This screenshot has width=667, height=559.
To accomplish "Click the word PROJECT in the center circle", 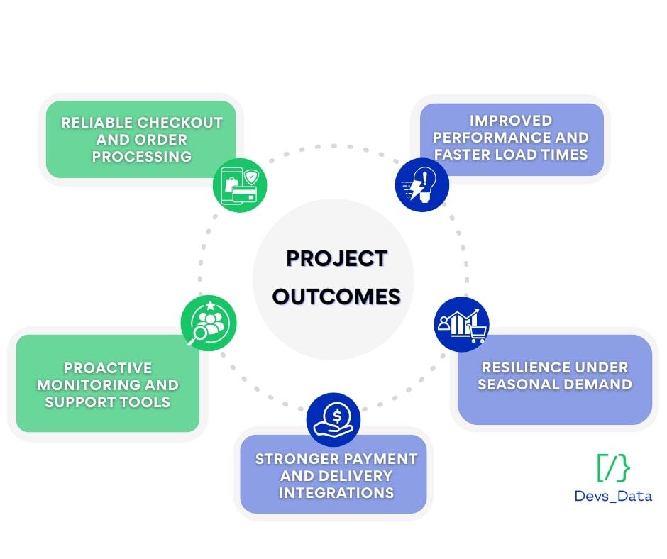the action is point(336,259).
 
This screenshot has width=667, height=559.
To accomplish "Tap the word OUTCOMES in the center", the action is point(336,297).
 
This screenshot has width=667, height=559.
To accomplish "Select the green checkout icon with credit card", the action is point(240,185).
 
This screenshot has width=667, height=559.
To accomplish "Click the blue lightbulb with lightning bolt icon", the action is point(422,184).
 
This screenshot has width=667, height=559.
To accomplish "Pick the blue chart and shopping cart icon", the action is point(461,324).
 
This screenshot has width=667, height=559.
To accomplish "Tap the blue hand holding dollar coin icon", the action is point(333,420).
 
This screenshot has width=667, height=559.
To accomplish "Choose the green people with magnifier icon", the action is point(209,323).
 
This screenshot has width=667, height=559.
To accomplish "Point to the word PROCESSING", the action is point(142,157).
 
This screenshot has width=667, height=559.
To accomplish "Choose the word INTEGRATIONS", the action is point(336,493).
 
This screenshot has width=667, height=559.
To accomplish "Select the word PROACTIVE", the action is point(108,368).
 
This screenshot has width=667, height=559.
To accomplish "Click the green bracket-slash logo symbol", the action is point(613,468).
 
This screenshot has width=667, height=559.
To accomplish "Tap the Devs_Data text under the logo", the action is point(613,496).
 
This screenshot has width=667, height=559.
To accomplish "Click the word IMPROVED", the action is point(511,121).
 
